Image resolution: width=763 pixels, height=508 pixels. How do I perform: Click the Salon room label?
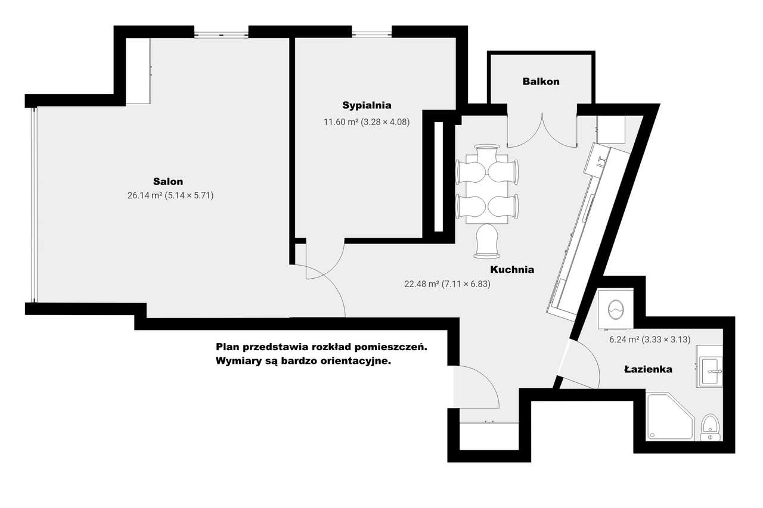(x=168, y=182)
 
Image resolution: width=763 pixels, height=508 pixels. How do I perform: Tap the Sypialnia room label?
(x=367, y=105)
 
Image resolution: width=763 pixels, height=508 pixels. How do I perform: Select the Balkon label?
(x=541, y=82)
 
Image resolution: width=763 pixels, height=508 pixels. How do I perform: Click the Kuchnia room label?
(x=512, y=270)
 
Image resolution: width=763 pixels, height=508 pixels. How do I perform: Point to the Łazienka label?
(x=648, y=369)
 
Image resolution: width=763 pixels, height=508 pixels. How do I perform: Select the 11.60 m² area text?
(x=341, y=122)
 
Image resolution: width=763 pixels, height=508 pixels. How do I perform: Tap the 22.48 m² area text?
(x=421, y=283)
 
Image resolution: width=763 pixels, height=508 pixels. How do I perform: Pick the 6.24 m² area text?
(x=624, y=339)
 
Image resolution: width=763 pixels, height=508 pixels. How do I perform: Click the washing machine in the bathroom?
(x=616, y=309)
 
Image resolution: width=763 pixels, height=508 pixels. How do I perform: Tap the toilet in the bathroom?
(x=710, y=428)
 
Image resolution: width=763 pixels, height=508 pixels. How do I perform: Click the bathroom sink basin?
(x=710, y=372)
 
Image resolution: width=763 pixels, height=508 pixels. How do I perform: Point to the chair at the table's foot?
(x=487, y=241)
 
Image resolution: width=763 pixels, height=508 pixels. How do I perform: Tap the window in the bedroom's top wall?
(x=371, y=34)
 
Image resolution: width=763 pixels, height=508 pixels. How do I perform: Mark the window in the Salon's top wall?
(x=221, y=34)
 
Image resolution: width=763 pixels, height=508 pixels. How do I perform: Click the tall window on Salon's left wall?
(x=34, y=205)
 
